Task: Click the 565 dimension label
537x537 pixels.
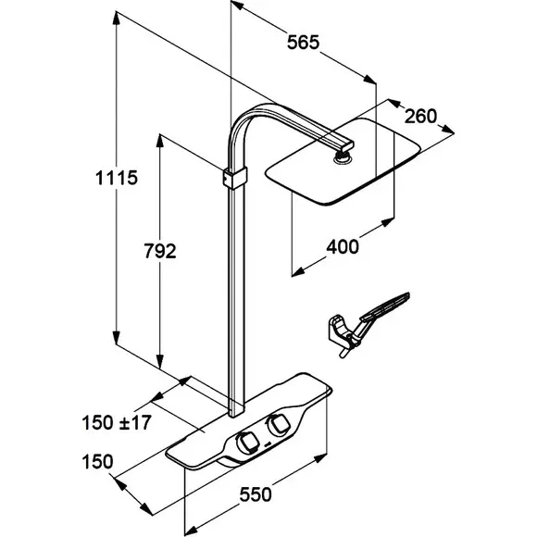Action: click(303, 43)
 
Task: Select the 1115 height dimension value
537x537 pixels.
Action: click(117, 178)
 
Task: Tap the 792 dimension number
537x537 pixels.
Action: click(160, 251)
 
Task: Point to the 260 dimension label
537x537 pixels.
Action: click(421, 116)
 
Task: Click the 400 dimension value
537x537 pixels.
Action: click(343, 247)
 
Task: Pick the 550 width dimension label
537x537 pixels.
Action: click(256, 494)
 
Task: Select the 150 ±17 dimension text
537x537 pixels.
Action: click(117, 422)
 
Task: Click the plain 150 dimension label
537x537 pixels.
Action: click(97, 462)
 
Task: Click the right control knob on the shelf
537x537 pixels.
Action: click(278, 425)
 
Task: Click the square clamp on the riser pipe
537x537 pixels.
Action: click(235, 178)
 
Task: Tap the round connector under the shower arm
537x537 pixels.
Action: click(342, 158)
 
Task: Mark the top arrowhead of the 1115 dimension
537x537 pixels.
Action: click(117, 18)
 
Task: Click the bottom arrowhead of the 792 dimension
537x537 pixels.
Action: click(159, 362)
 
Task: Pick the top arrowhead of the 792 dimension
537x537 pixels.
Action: click(159, 141)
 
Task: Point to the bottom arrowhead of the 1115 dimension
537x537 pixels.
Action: click(117, 338)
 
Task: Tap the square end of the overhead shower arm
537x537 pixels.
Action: click(346, 144)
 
